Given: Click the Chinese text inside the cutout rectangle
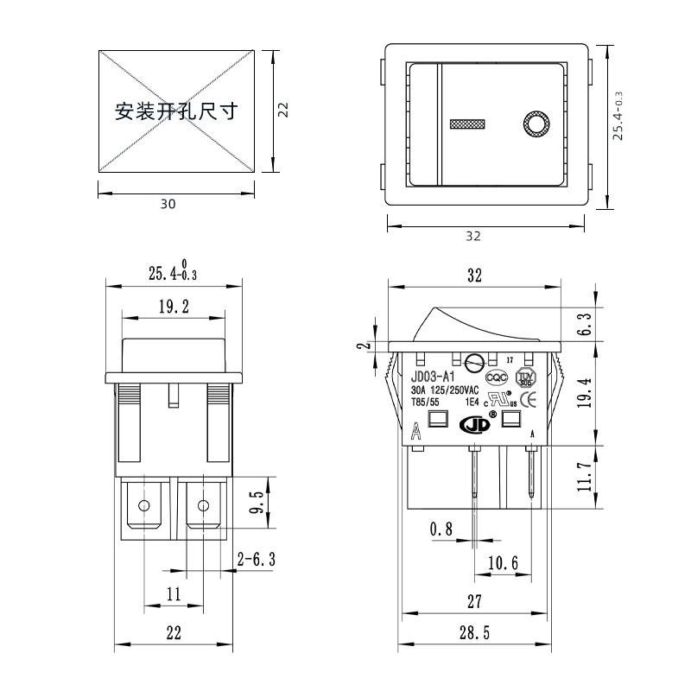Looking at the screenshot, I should coord(176,111).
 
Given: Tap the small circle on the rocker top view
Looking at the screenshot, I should coord(536,124).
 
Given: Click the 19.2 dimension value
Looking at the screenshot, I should coord(174,305).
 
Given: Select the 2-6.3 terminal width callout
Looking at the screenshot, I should coord(256,561).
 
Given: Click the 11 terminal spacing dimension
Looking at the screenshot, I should coord(174,594).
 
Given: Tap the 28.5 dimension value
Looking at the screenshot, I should coord(474,633).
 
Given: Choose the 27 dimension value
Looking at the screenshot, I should coord(474,601).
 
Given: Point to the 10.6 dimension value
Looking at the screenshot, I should coord(503,563).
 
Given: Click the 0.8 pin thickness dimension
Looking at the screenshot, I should coord(441,529).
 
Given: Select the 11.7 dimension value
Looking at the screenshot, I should coord(585,476).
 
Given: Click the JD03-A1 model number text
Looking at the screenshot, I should coord(432,377).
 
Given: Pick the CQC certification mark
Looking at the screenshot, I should coord(496,377).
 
